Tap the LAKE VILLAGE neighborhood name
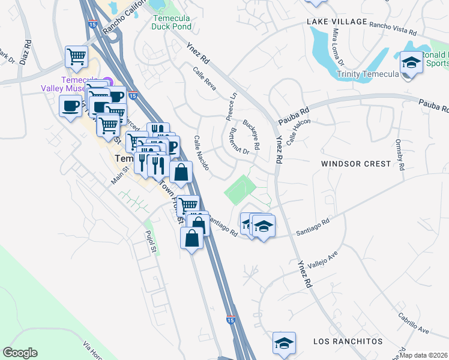pos(337,22)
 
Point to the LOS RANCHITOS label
pos(348,341)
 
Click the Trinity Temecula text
pos(367,74)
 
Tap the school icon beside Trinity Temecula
pos(411,62)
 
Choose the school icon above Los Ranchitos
pos(284,343)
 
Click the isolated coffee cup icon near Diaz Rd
pos(70,107)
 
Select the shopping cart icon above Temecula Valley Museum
pos(77,57)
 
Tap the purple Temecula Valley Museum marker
pos(108,81)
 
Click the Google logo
pos(20,353)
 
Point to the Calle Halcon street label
pos(300,130)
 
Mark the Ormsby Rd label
pos(400,156)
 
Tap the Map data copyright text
pos(423,355)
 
